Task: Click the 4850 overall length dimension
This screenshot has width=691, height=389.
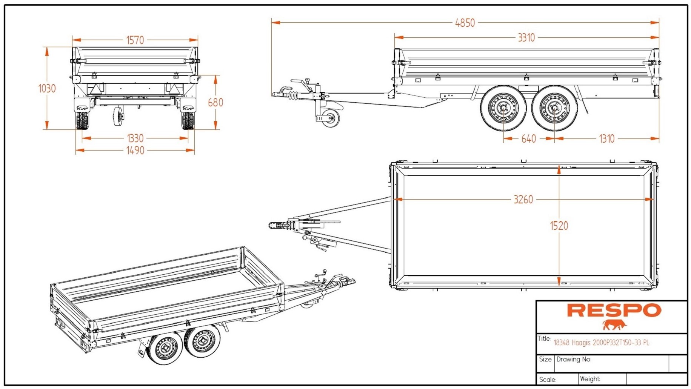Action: click(x=465, y=23)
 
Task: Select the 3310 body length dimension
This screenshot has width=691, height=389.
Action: click(x=526, y=38)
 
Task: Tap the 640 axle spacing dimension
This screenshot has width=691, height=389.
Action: click(x=528, y=139)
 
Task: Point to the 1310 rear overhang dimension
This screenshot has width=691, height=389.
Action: click(x=607, y=139)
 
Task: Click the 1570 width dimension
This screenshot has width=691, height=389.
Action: click(x=135, y=40)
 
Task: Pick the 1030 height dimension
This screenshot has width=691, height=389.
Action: click(x=47, y=89)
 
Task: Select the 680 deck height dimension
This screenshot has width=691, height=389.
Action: click(x=215, y=102)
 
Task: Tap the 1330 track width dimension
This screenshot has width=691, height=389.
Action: click(x=135, y=138)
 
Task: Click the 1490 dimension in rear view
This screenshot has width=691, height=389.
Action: click(x=135, y=151)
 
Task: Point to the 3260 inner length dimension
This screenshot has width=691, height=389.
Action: click(x=523, y=199)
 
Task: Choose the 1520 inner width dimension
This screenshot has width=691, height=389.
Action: click(x=559, y=226)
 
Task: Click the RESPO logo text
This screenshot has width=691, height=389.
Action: click(x=614, y=310)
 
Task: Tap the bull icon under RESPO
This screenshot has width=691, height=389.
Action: click(x=614, y=325)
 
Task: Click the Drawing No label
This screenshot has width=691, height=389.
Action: click(x=574, y=359)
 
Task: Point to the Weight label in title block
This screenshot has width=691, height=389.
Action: click(x=590, y=379)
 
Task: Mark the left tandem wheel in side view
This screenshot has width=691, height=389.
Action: click(x=503, y=108)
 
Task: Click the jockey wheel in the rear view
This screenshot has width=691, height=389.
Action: click(x=119, y=116)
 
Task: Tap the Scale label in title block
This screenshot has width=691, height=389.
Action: click(x=548, y=379)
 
